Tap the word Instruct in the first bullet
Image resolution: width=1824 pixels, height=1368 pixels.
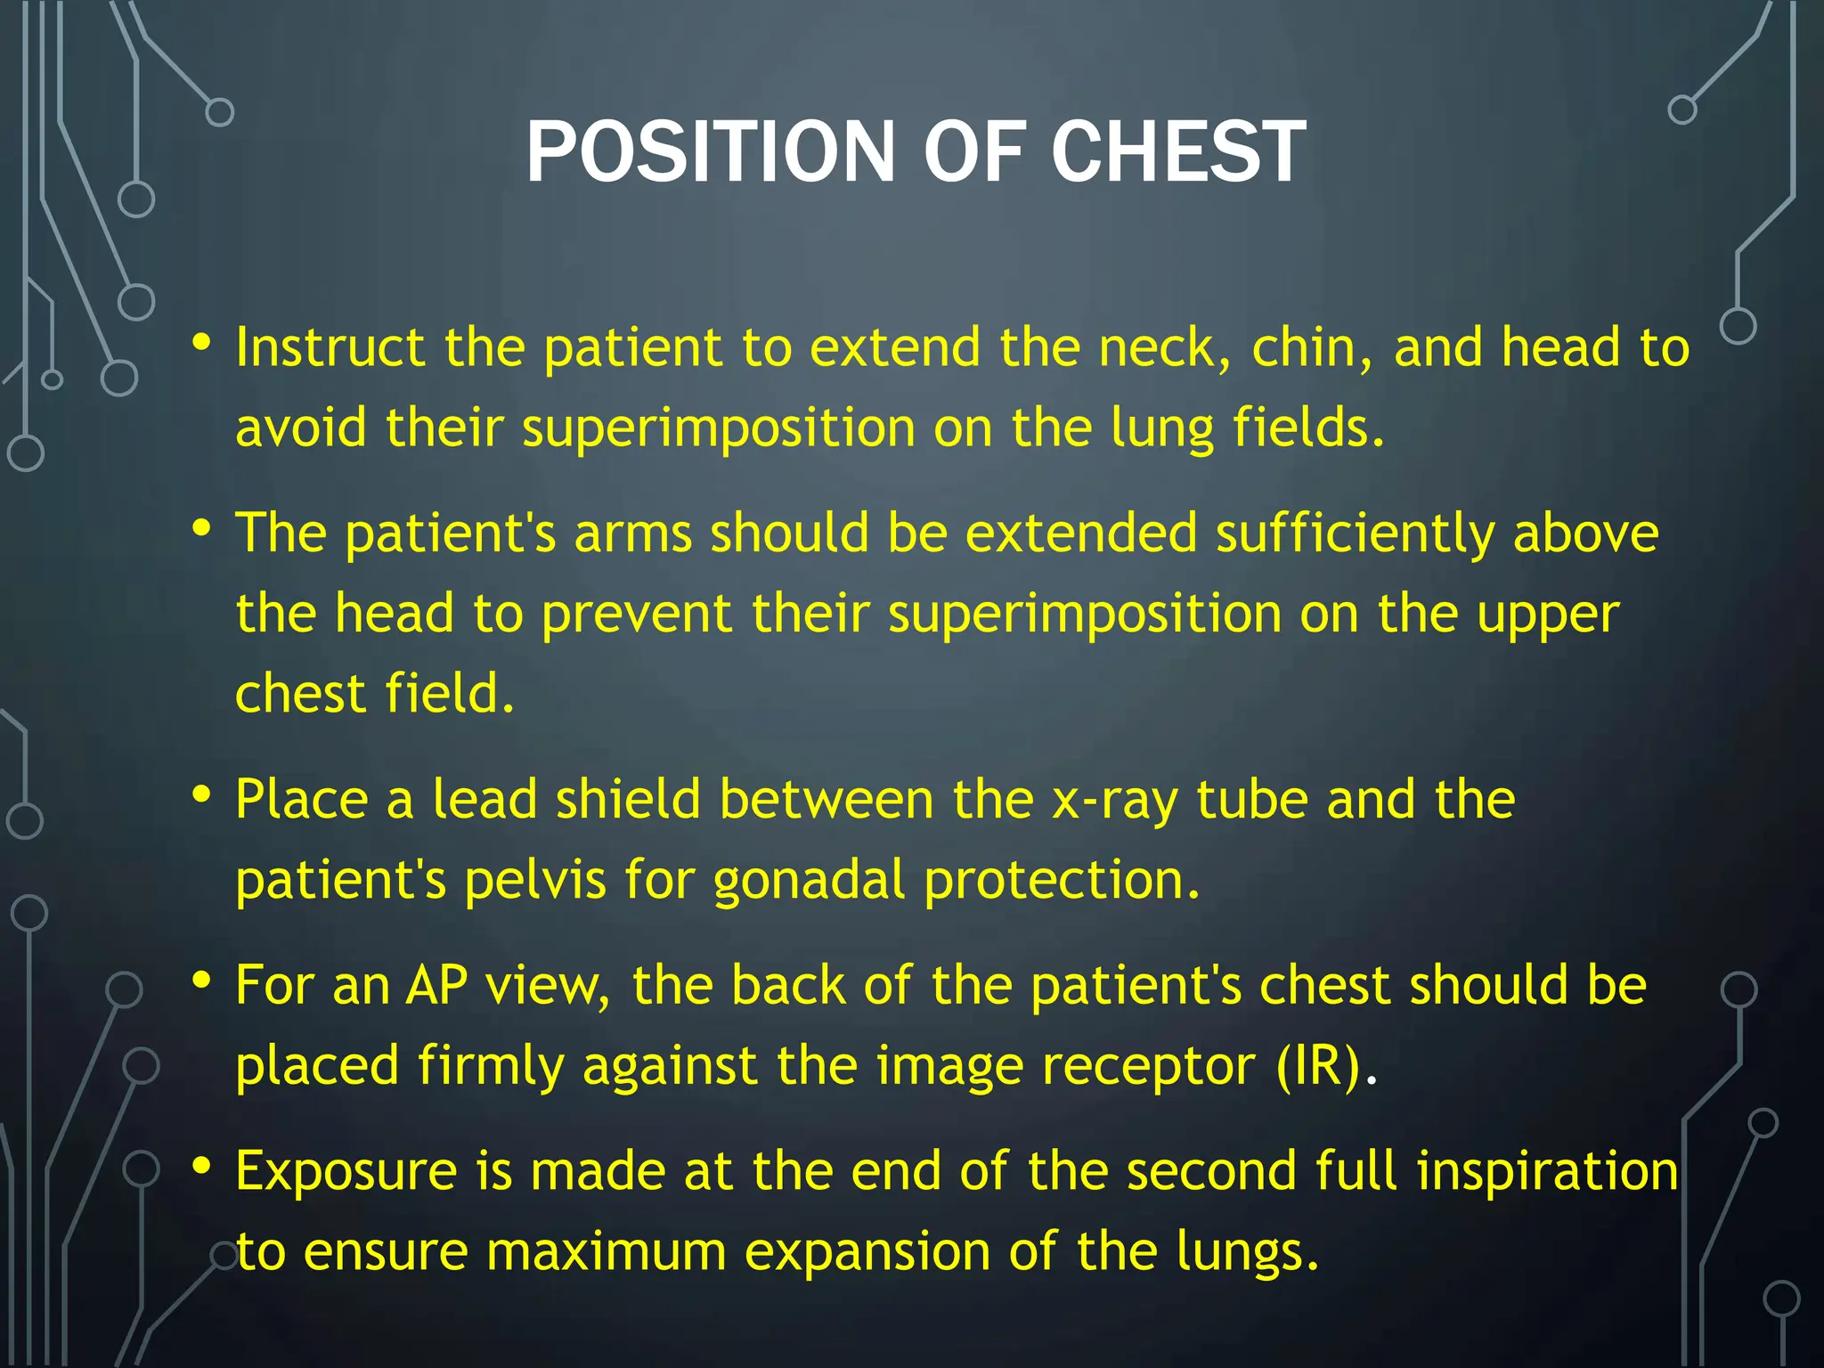pyautogui.click(x=330, y=346)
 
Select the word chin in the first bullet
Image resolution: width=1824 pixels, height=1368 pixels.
pyautogui.click(x=1309, y=346)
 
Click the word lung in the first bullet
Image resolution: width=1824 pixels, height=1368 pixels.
pyautogui.click(x=1161, y=429)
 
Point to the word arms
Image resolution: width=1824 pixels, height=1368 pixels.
pyautogui.click(x=632, y=533)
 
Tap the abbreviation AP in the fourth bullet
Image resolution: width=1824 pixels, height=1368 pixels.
pyautogui.click(x=436, y=985)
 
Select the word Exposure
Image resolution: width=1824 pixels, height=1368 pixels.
pyautogui.click(x=346, y=1172)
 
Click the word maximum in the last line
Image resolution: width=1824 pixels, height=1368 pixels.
pyautogui.click(x=606, y=1251)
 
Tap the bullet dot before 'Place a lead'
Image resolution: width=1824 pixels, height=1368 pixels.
pyautogui.click(x=202, y=794)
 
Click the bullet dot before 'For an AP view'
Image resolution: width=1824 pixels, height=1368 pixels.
pyautogui.click(x=202, y=980)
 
